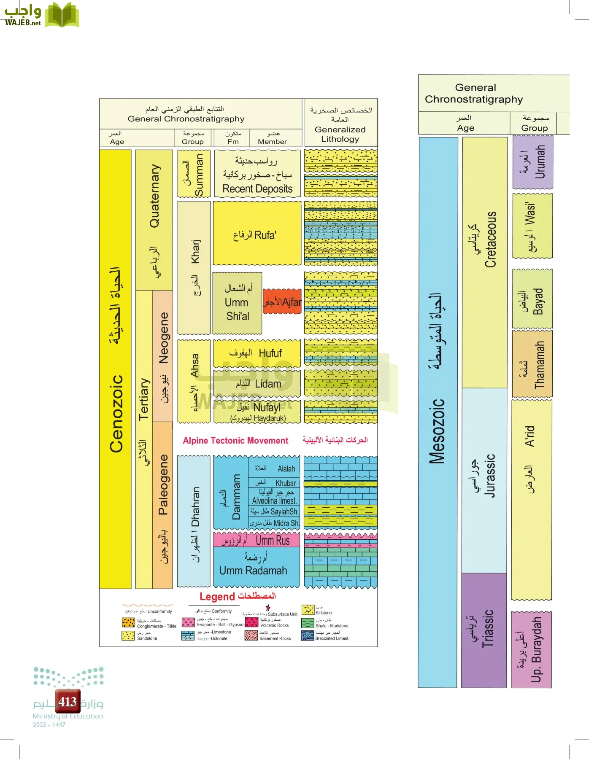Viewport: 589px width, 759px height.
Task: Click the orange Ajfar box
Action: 282,301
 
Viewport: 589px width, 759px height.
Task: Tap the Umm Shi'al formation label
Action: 237,303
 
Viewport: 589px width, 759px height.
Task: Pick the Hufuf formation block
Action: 257,353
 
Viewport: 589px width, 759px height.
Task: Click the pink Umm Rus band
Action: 257,540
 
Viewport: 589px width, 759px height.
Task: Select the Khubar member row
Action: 274,483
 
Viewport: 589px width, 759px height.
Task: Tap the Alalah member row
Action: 274,468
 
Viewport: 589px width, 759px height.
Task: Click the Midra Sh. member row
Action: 274,523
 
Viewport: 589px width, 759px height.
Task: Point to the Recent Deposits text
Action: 257,189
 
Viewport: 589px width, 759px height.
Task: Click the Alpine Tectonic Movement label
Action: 235,441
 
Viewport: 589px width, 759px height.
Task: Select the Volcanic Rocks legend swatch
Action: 252,622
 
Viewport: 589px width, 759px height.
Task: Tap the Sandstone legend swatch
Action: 128,635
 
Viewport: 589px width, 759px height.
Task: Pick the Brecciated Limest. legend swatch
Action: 307,635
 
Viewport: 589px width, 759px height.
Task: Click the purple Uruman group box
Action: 533,162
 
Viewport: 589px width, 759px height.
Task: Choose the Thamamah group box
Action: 532,363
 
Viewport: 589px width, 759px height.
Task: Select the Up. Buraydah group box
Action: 531,649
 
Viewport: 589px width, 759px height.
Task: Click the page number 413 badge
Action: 68,702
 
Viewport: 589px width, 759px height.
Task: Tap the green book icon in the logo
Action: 62,16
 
